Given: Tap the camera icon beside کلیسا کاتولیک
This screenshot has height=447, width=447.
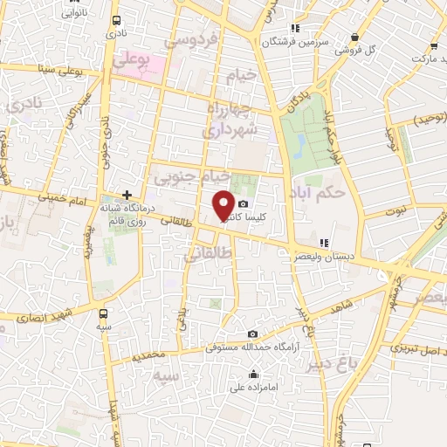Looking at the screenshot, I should [243, 203].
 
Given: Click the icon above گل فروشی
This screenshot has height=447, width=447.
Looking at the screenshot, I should [354, 37].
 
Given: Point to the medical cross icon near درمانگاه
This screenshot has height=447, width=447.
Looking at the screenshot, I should [127, 195].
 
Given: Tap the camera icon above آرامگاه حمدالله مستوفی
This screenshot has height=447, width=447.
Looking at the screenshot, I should [252, 334].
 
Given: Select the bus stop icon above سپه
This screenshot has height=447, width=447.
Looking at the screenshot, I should [105, 313].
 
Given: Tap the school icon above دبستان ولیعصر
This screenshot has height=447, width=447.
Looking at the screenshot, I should [324, 242].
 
